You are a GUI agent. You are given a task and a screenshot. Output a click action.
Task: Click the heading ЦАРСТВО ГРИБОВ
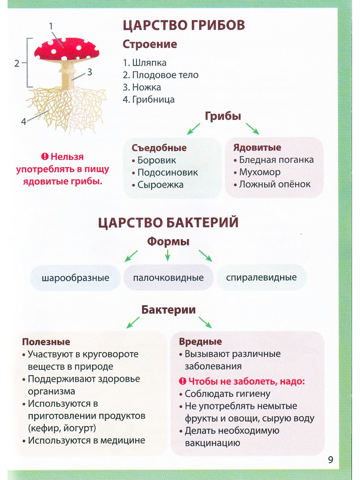184,25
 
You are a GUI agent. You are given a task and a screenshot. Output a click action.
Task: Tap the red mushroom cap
67,49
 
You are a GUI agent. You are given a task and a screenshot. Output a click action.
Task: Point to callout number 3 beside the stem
90,72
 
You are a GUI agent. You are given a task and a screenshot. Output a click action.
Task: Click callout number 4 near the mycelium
24,122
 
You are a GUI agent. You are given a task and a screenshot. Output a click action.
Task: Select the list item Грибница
149,100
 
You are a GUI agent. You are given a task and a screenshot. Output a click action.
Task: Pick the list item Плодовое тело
161,75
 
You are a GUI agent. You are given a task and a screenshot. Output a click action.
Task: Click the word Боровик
156,160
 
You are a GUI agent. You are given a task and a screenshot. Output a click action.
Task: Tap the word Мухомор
260,172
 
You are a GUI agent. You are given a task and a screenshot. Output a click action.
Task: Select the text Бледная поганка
276,160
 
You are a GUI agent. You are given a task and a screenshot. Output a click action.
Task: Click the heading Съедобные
159,148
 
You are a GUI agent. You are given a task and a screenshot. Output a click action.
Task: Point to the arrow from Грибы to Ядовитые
252,128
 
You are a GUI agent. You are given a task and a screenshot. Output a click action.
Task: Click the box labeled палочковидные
168,278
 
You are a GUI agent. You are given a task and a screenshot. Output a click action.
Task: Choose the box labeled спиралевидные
262,278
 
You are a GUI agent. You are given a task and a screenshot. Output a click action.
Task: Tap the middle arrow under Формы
168,256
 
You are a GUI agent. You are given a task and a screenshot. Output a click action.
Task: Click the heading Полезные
46,342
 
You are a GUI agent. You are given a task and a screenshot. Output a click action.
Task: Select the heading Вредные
200,341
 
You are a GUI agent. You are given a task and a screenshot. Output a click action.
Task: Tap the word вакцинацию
212,443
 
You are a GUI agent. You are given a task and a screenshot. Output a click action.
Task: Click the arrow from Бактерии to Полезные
133,322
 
